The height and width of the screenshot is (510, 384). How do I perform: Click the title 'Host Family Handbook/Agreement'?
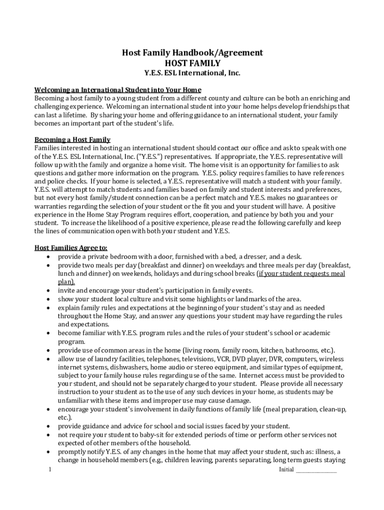tap(192, 53)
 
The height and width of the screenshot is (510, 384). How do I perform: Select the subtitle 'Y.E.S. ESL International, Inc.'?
tap(192, 73)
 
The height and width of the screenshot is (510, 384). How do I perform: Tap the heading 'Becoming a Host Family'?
tap(72, 139)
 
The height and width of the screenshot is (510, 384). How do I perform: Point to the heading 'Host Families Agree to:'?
tap(71, 248)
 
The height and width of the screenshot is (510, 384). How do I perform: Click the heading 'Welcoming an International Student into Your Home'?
tap(118, 90)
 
